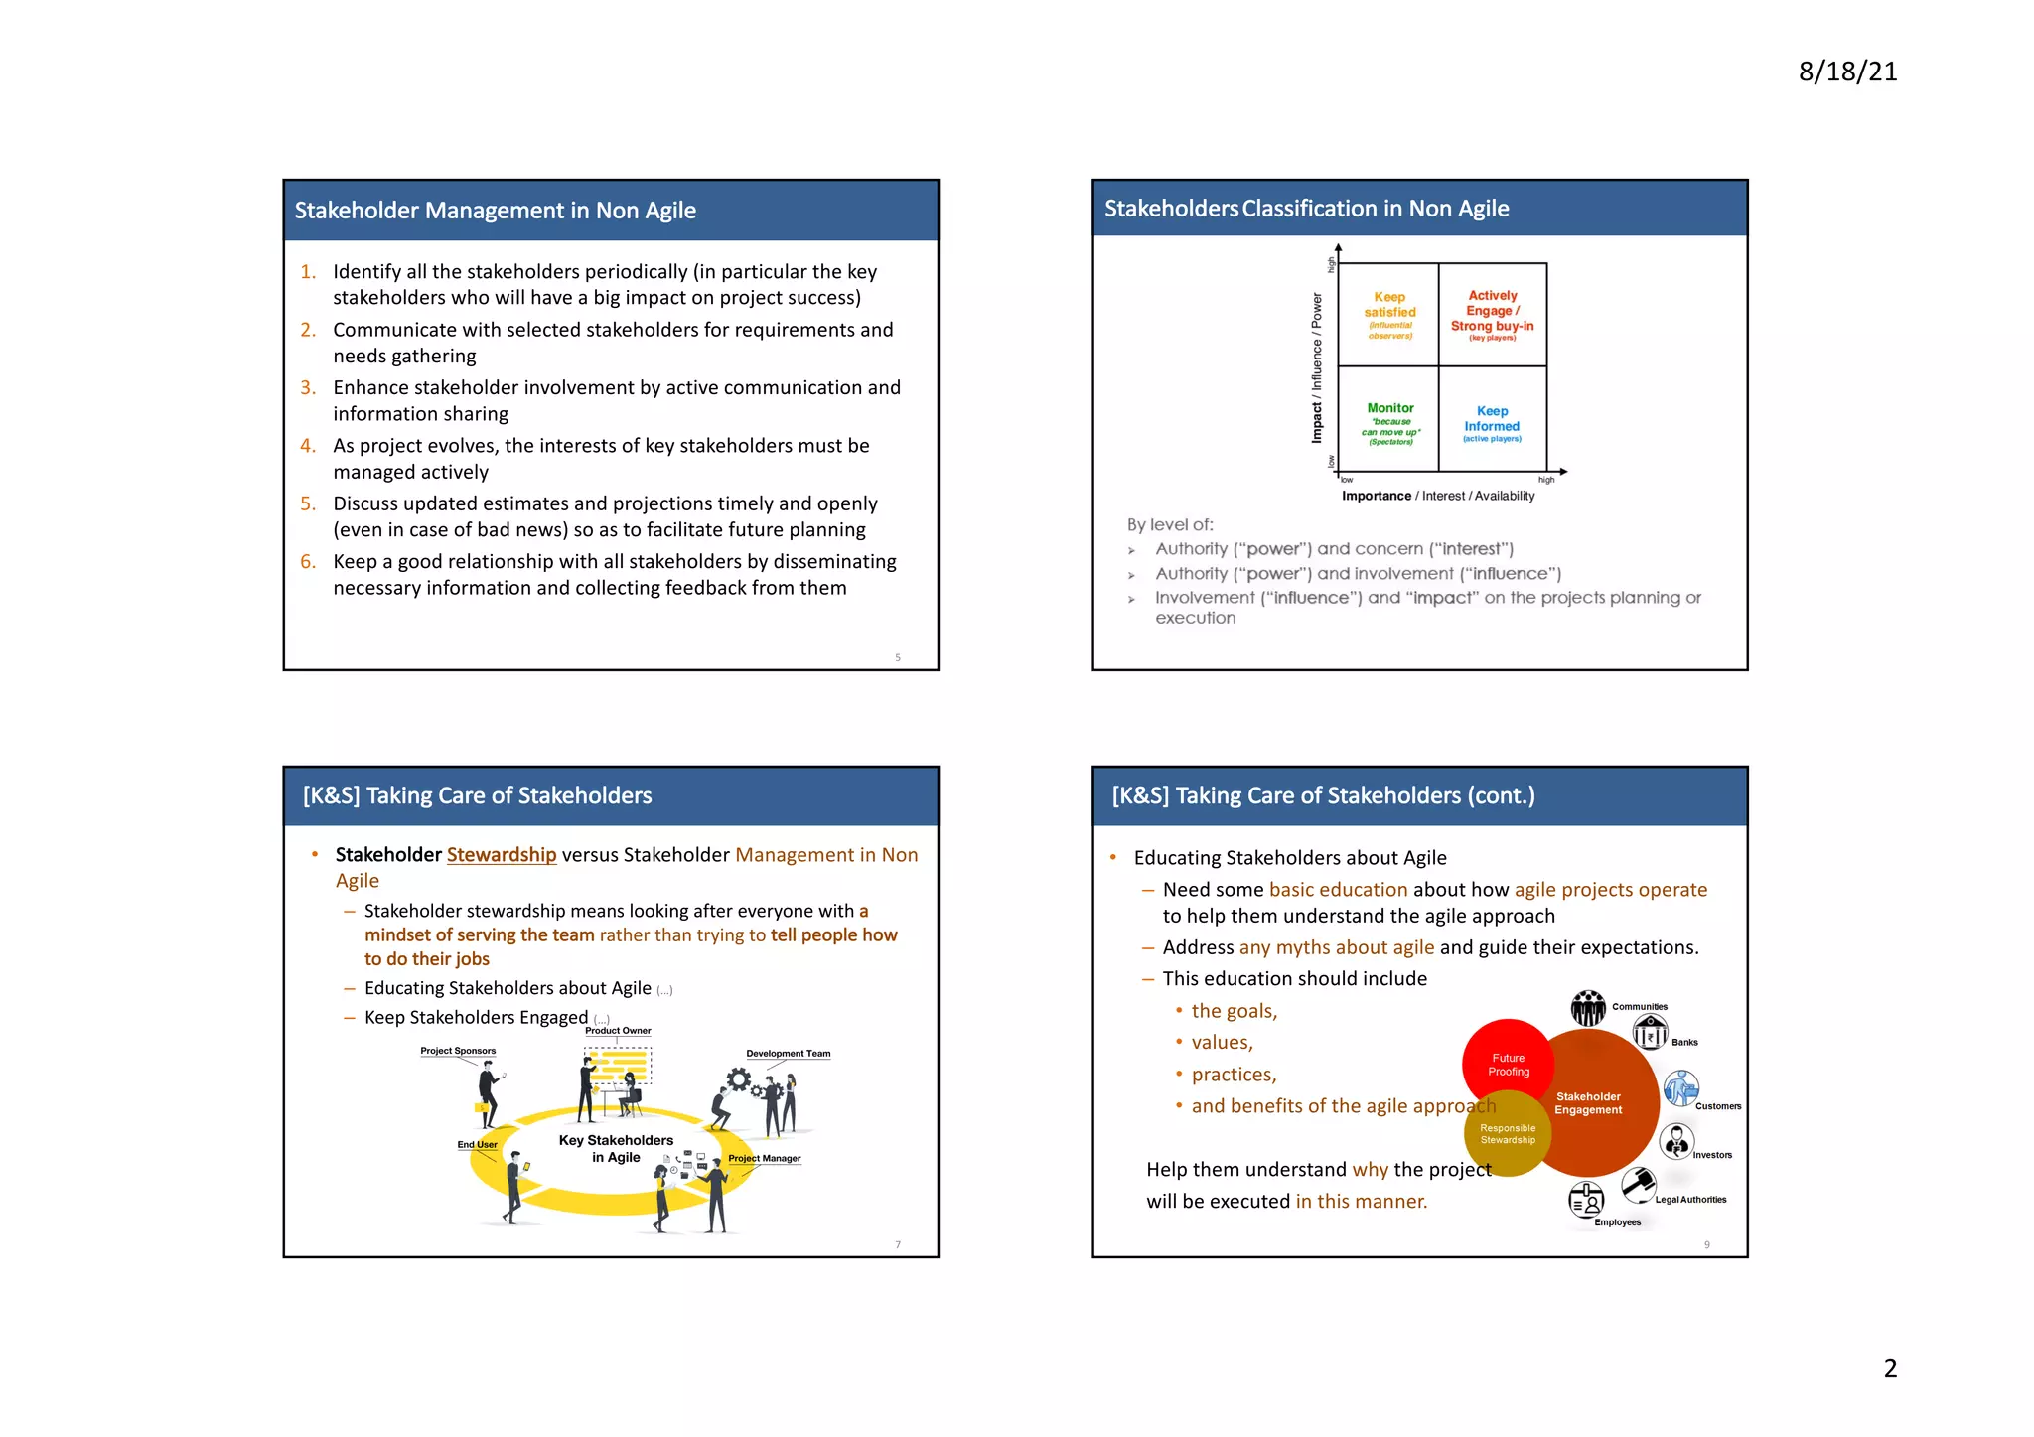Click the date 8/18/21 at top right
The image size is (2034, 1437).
pyautogui.click(x=1847, y=72)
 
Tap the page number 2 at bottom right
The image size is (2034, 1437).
pyautogui.click(x=1890, y=1367)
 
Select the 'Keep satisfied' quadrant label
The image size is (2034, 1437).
pyautogui.click(x=1389, y=305)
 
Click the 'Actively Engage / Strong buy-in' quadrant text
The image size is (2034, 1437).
pyautogui.click(x=1492, y=311)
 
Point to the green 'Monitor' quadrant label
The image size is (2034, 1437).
pyautogui.click(x=1390, y=408)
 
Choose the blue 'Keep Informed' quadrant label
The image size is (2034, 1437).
pyautogui.click(x=1492, y=418)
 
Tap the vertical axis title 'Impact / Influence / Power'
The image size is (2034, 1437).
pyautogui.click(x=1317, y=367)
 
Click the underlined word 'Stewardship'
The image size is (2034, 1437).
pyautogui.click(x=502, y=854)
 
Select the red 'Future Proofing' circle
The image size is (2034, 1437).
pyautogui.click(x=1508, y=1064)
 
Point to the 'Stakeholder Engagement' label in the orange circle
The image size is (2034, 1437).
pyautogui.click(x=1588, y=1103)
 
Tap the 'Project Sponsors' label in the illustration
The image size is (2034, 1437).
pyautogui.click(x=458, y=1051)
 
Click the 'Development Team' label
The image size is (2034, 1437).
pyautogui.click(x=788, y=1054)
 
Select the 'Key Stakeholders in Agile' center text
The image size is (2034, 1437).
pyautogui.click(x=616, y=1148)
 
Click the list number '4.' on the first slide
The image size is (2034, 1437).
pyautogui.click(x=308, y=446)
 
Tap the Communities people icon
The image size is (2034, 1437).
pyautogui.click(x=1588, y=1008)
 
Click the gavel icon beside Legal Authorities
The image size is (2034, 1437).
pyautogui.click(x=1639, y=1183)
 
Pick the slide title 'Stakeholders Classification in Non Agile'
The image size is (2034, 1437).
pyautogui.click(x=1306, y=209)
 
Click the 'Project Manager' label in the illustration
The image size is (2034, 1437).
pyautogui.click(x=764, y=1158)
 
